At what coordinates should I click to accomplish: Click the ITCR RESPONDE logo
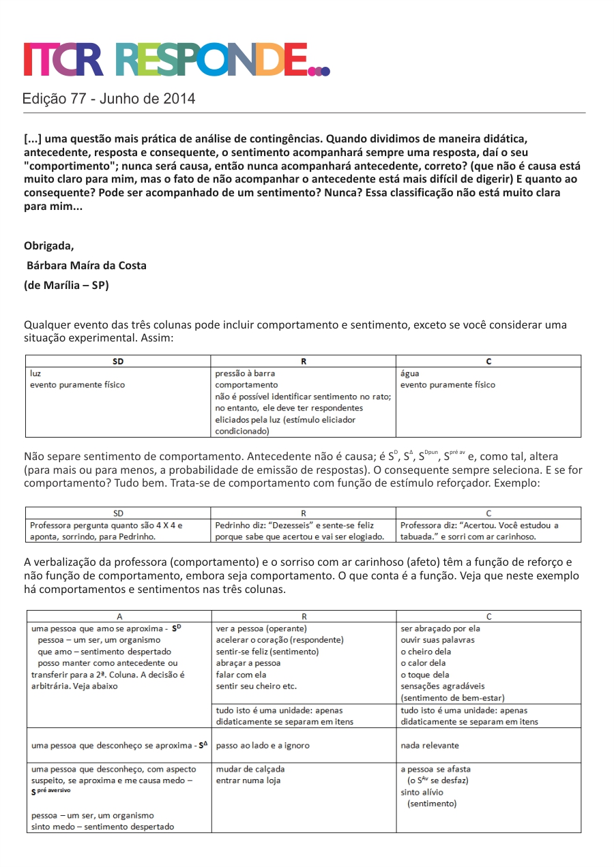click(x=176, y=59)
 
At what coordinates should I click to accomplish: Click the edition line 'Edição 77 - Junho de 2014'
click(x=108, y=99)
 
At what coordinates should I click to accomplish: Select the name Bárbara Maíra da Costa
click(x=86, y=265)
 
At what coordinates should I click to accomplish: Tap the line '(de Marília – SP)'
click(x=66, y=285)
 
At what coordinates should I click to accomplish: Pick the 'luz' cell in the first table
click(x=35, y=373)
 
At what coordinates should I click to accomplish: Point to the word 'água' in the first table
click(x=410, y=373)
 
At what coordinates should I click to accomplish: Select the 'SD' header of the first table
click(x=118, y=361)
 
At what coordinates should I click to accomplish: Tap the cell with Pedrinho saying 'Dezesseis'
click(x=299, y=531)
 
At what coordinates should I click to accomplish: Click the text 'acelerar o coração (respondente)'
click(x=280, y=640)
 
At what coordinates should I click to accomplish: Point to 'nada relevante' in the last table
click(x=430, y=745)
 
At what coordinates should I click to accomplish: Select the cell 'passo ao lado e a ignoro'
click(x=263, y=745)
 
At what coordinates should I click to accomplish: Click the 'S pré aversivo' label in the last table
click(x=51, y=791)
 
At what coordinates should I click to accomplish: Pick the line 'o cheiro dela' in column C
click(x=426, y=652)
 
